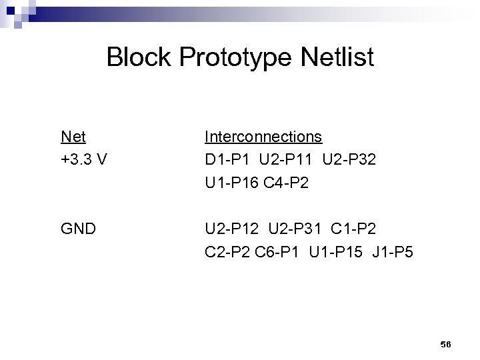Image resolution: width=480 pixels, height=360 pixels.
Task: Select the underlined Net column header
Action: [x=73, y=137]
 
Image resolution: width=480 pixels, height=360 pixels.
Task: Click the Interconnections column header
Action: [x=263, y=137]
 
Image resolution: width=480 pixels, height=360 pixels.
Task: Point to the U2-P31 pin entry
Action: [x=304, y=229]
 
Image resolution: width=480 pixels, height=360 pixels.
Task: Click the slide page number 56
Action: [x=446, y=343]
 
